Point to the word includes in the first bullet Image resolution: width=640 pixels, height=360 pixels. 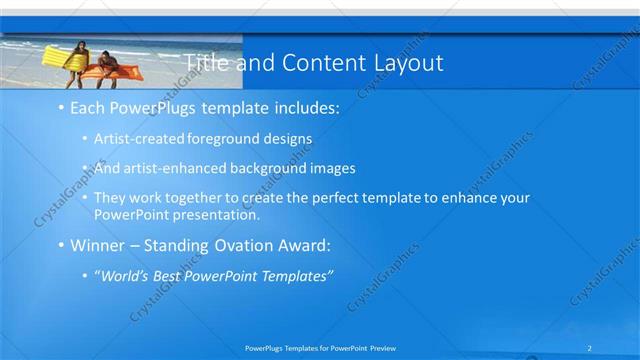(304, 106)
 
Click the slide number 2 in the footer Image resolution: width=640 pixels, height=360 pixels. (591, 348)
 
